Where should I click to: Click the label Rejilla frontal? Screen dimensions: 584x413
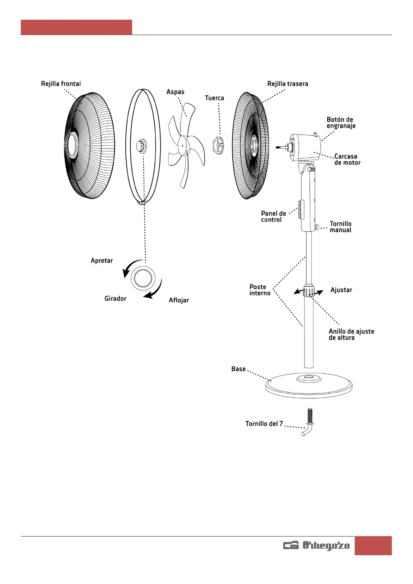pos(61,84)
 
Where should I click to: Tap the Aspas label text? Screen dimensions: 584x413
pos(175,92)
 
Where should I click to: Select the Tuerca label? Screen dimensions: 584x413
pos(214,98)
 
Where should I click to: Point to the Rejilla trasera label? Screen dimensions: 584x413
pos(287,84)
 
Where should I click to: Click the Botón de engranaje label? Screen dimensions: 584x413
pos(341,123)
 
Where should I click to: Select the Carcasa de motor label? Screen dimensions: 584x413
pos(347,160)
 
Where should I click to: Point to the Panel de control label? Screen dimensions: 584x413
pos(273,216)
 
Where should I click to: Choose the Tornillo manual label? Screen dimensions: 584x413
pos(341,227)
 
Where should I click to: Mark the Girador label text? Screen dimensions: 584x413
pos(115,299)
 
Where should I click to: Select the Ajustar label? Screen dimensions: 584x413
pos(341,290)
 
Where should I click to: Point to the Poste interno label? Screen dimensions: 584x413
pos(260,290)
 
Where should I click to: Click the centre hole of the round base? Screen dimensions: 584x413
pos(309,377)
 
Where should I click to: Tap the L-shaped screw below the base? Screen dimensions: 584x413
pos(308,422)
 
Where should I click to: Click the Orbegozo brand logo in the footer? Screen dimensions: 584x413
pos(316,546)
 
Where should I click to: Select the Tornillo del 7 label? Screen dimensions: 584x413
pos(264,423)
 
